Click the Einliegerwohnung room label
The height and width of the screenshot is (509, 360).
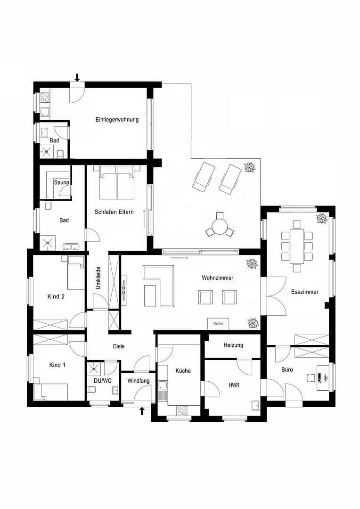click(x=117, y=120)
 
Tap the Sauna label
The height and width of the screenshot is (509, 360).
click(x=61, y=182)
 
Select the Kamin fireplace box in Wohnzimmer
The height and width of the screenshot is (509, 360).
click(x=218, y=324)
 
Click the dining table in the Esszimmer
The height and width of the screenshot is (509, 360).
click(x=297, y=246)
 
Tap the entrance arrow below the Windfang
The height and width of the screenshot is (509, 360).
click(x=142, y=411)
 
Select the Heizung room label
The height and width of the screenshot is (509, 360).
click(x=233, y=345)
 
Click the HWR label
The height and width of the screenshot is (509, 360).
click(x=234, y=385)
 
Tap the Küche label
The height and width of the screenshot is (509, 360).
click(x=183, y=371)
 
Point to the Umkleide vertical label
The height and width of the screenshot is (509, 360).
click(x=98, y=279)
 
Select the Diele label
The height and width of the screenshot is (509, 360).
click(x=119, y=346)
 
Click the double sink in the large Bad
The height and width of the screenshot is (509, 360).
click(x=72, y=246)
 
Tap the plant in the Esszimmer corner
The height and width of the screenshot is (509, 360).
click(x=322, y=218)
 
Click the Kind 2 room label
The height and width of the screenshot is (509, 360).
click(x=56, y=296)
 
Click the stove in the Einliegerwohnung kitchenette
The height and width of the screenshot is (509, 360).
click(x=45, y=98)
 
